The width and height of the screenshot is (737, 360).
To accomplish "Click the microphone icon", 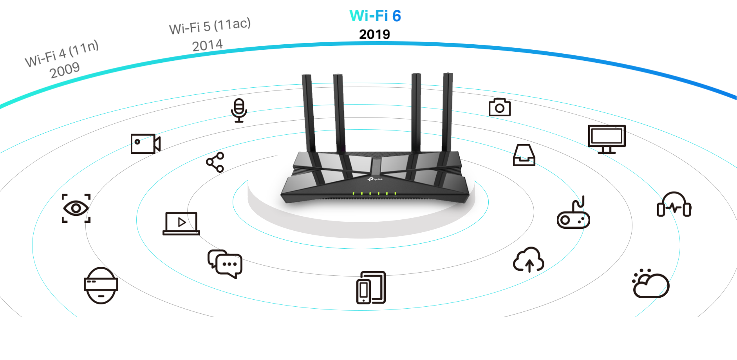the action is tap(239, 110).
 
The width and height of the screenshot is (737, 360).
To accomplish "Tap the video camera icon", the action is tap(145, 144).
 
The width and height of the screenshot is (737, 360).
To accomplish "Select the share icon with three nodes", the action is tap(215, 162).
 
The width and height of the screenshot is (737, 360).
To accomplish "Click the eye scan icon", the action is tap(76, 208).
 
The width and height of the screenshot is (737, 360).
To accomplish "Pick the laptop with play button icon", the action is tap(181, 223).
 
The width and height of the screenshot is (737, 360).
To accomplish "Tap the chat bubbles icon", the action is tap(225, 264).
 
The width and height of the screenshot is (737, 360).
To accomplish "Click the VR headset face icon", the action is tap(101, 286).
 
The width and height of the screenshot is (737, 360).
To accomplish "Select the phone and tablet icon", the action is tap(371, 288).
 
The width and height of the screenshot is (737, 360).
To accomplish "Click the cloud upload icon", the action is tap(529, 259).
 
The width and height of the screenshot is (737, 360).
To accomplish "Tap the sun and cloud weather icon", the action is tap(651, 283).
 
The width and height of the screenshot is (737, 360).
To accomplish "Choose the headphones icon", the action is tap(674, 204).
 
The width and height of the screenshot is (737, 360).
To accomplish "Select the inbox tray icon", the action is tap(524, 155).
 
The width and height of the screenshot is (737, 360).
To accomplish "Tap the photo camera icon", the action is tap(500, 107).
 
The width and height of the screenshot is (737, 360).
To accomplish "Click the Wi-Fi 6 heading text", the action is tap(375, 16).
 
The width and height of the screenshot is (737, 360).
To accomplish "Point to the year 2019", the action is tap(374, 34).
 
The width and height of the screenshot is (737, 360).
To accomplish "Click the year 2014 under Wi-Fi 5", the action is tap(207, 45).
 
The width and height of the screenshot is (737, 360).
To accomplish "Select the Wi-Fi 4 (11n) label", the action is tap(61, 53).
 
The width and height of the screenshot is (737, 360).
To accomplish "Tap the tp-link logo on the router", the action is tap(375, 179).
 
